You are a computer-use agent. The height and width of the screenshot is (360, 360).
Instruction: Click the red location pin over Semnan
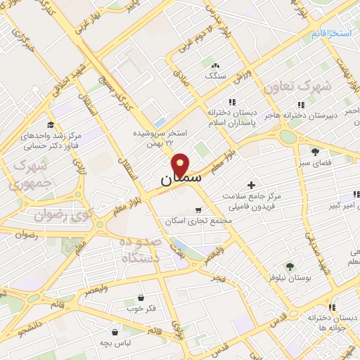click(x=181, y=164)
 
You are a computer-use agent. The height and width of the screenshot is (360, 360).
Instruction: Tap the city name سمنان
click(x=181, y=179)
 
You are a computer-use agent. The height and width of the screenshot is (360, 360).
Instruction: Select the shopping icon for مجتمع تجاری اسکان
click(x=199, y=210)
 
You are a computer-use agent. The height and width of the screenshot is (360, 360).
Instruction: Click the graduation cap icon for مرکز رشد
click(x=50, y=124)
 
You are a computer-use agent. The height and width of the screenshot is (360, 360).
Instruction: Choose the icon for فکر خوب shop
click(x=141, y=297)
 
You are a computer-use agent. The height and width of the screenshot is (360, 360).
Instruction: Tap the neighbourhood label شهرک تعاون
click(x=296, y=86)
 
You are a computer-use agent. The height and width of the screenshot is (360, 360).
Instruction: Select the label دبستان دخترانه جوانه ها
click(x=315, y=323)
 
